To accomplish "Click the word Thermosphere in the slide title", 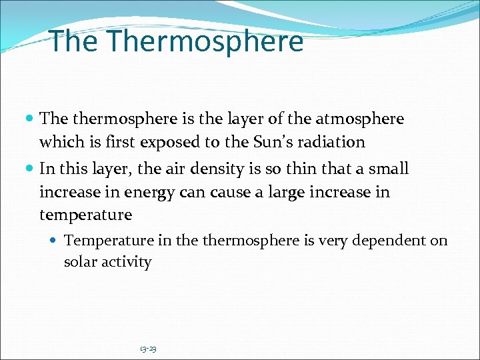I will (x=205, y=41).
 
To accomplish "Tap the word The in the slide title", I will (x=75, y=41).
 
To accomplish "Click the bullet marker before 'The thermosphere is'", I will (x=31, y=119).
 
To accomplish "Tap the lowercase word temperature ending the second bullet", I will (x=85, y=215).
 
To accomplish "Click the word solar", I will (x=79, y=262).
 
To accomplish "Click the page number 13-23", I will (x=148, y=349).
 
